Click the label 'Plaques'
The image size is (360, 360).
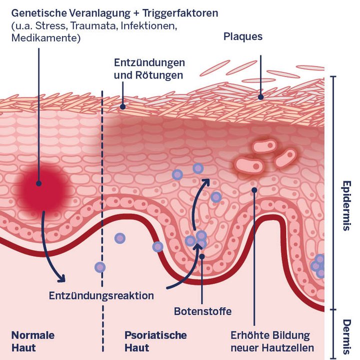[244, 36]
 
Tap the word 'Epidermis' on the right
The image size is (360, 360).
[345, 205]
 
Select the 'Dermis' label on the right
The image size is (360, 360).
[345, 334]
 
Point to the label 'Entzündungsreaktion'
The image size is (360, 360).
[101, 295]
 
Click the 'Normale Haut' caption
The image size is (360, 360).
[32, 341]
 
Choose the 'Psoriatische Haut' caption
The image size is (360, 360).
[155, 341]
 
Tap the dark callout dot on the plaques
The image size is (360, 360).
[260, 97]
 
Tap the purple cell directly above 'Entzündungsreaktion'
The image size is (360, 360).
[100, 267]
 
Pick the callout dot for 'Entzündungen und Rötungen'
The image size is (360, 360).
[122, 106]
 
